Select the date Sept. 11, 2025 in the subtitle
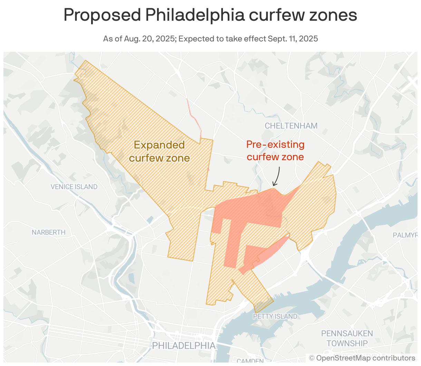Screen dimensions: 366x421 pyautogui.click(x=293, y=39)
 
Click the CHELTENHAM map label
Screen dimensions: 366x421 pyautogui.click(x=291, y=126)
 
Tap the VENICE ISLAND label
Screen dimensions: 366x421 pyautogui.click(x=74, y=187)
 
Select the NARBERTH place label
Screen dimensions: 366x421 pyautogui.click(x=49, y=232)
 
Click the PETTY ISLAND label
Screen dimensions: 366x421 pyautogui.click(x=275, y=316)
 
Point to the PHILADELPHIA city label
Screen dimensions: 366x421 pyautogui.click(x=184, y=346)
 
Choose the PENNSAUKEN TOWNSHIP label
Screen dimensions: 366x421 pyautogui.click(x=347, y=338)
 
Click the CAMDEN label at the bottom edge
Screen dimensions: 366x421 pyautogui.click(x=250, y=361)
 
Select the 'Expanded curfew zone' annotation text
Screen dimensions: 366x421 pyautogui.click(x=159, y=151)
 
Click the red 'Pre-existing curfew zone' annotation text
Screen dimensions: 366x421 pyautogui.click(x=275, y=151)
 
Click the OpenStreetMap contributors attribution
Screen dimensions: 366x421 pyautogui.click(x=362, y=358)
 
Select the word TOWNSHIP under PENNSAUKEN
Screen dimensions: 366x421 pyautogui.click(x=347, y=344)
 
